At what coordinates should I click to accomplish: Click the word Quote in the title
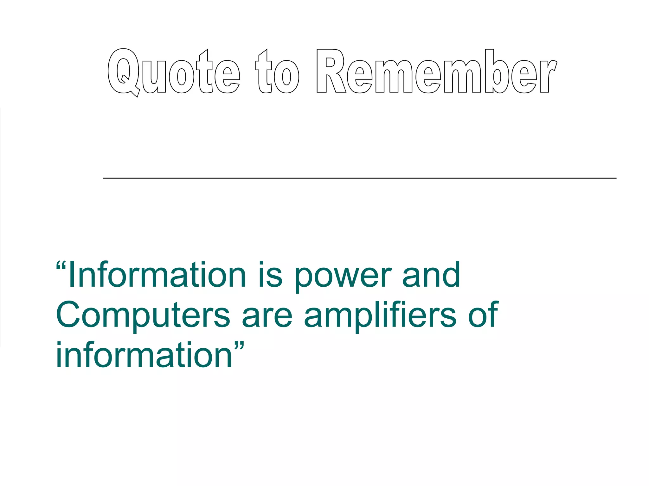pos(174,72)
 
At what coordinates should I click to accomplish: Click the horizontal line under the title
pos(359,178)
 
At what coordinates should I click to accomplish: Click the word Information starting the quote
pos(157,275)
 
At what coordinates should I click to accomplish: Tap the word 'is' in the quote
pos(270,275)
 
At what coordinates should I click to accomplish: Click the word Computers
pos(143,315)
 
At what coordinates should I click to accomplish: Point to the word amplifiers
pos(380,315)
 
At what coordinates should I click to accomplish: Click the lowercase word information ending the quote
pos(144,355)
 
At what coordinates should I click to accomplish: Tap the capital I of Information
pos(72,275)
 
